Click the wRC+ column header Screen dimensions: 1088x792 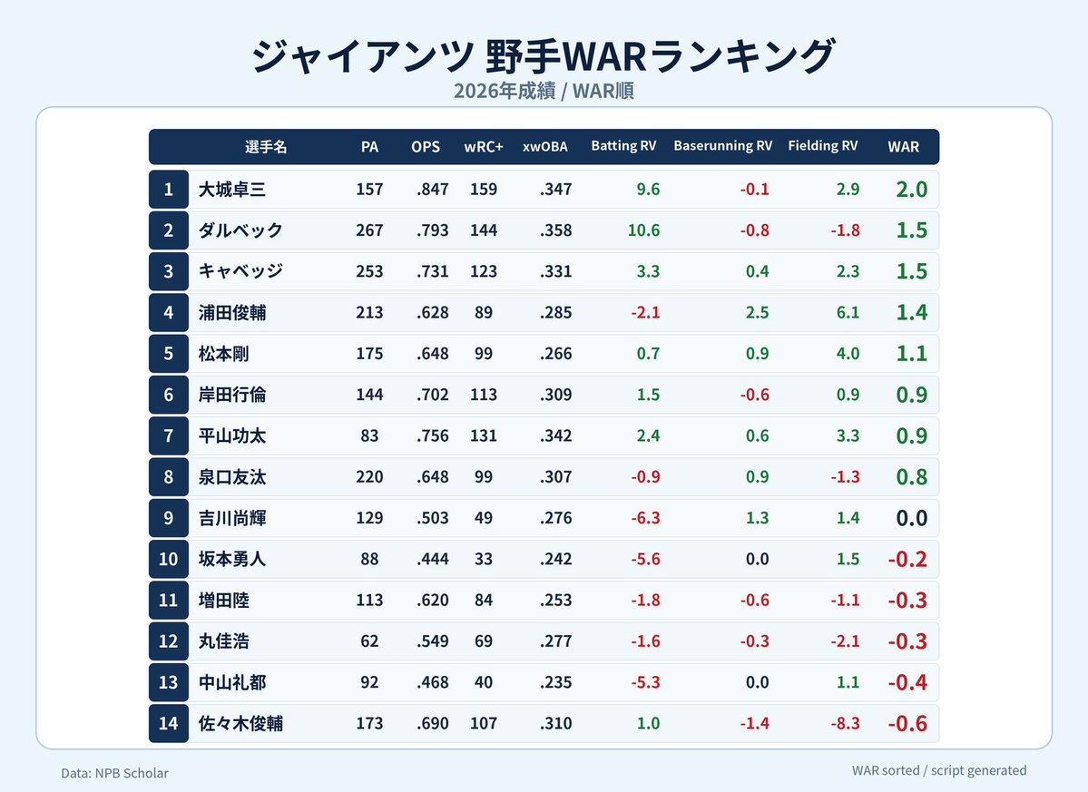(x=484, y=147)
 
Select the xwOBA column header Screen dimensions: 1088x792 (x=544, y=147)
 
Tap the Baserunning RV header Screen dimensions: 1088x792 (x=722, y=146)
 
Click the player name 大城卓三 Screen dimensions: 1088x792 (x=231, y=190)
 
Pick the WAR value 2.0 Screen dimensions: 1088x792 (x=912, y=190)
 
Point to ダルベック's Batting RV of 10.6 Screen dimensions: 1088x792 (x=643, y=230)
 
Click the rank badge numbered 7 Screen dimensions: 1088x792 (x=169, y=435)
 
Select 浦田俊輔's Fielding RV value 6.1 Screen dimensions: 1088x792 (x=848, y=313)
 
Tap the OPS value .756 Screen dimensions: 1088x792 (x=432, y=435)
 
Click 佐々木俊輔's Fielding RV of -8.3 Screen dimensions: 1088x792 (x=845, y=723)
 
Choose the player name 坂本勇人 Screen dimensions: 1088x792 (x=231, y=559)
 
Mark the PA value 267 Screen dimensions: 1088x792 (x=369, y=230)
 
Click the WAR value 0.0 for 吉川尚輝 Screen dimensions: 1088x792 (x=912, y=518)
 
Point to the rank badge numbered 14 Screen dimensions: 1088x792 (x=169, y=723)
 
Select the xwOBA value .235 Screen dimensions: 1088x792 (x=555, y=682)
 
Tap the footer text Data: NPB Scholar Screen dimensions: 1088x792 (x=114, y=773)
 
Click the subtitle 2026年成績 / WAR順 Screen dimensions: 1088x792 (x=544, y=91)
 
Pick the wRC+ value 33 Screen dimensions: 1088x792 (x=484, y=559)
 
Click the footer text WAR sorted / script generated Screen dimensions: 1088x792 (x=939, y=770)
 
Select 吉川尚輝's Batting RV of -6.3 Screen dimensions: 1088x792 (x=645, y=518)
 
